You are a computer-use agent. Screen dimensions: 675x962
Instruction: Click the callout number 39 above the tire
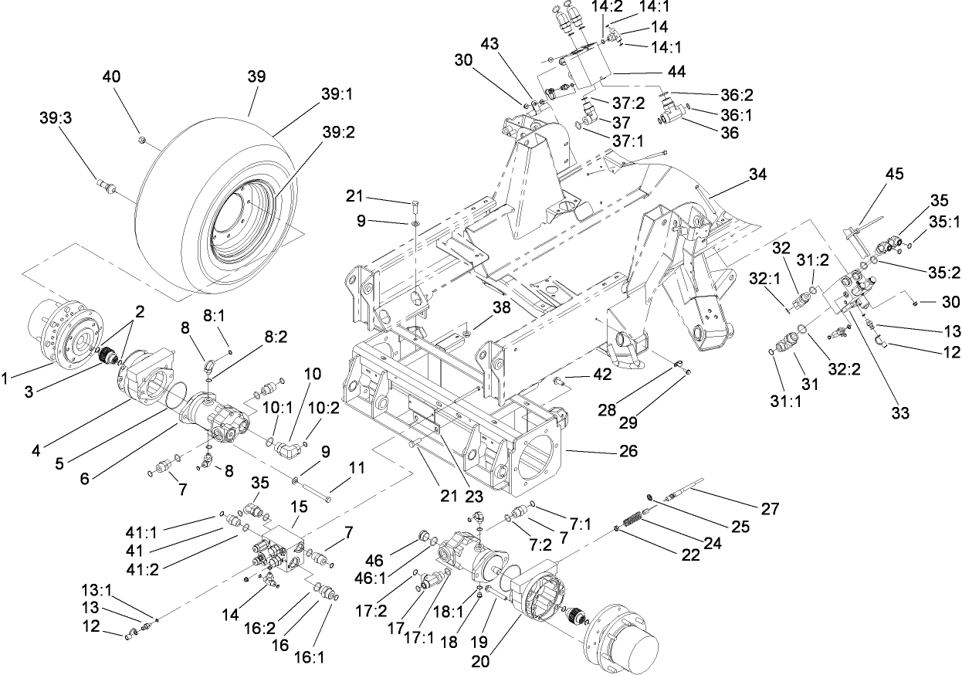pos(256,76)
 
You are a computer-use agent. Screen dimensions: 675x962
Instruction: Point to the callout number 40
pos(112,76)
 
